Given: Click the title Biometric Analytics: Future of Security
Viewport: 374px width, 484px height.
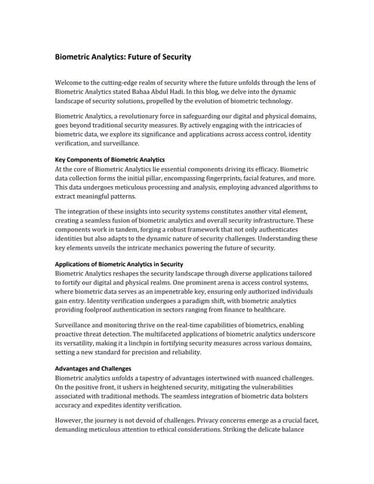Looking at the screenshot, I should click(123, 57).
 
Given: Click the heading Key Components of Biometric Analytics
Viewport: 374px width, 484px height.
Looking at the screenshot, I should click(110, 160).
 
